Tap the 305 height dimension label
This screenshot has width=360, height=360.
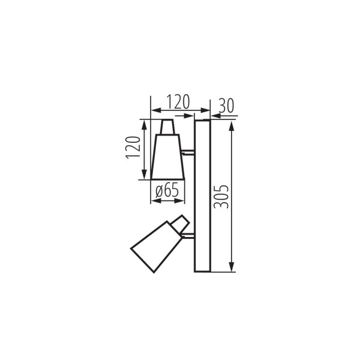click(x=221, y=196)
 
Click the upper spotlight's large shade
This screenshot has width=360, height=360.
click(x=167, y=157)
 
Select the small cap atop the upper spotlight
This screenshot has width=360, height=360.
click(x=169, y=127)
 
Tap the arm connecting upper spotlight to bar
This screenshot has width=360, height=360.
click(x=189, y=152)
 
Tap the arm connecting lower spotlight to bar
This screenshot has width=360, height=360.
click(x=190, y=236)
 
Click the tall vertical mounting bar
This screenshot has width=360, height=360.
click(x=202, y=196)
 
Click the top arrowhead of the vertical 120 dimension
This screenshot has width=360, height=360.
click(x=144, y=124)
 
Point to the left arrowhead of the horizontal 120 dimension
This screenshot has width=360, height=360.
click(x=154, y=110)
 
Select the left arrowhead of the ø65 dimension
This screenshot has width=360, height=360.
click(x=152, y=200)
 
